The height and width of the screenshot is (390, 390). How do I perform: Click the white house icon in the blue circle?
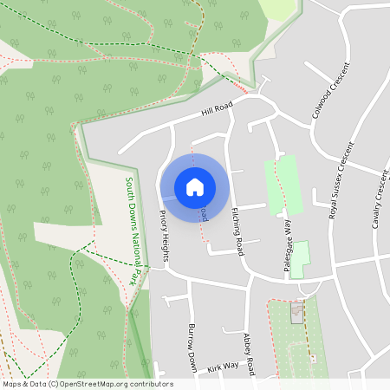point(195,186)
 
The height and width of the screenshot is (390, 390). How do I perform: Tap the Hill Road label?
point(218,108)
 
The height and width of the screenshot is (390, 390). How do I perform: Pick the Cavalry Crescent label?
point(379,199)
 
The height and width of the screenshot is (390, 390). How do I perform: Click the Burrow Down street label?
point(194,348)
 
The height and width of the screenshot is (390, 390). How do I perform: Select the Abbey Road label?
point(249,354)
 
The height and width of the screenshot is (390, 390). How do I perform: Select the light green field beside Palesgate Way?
point(284,184)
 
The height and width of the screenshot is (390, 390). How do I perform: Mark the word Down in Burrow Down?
point(195,359)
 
